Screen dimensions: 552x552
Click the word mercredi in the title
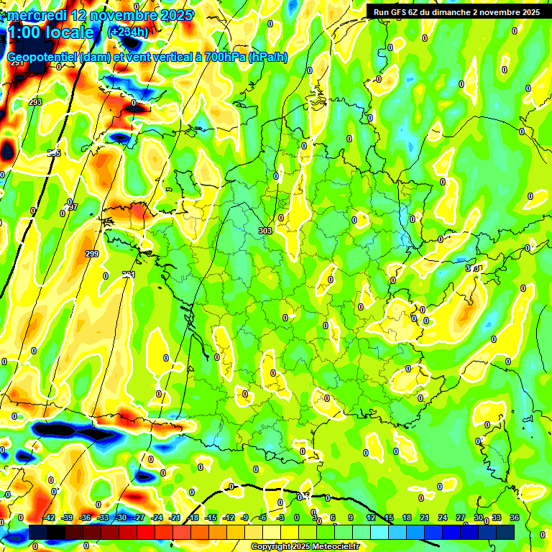(34, 15)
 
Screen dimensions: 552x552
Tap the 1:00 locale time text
(50, 32)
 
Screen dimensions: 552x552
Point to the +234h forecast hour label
(128, 32)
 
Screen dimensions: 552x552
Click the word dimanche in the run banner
(455, 12)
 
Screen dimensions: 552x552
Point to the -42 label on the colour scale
(50, 517)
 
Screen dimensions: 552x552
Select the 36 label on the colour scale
(515, 517)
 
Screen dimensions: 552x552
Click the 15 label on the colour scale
(389, 517)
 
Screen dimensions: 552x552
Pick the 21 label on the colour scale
(425, 517)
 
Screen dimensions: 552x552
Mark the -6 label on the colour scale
(263, 517)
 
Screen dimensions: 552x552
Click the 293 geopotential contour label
(35, 103)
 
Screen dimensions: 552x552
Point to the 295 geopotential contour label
(54, 153)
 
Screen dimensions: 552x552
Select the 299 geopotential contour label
(91, 254)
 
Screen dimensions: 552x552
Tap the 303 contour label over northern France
(264, 231)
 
